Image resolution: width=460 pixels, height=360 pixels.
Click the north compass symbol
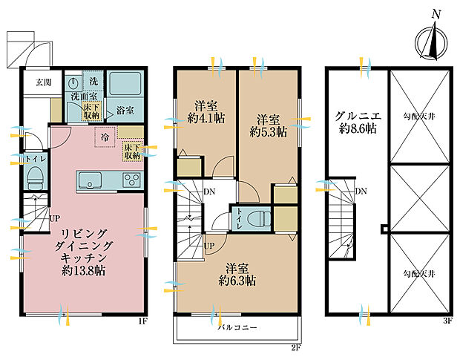[x=430, y=41]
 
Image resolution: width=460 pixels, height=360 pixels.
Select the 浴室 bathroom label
[x=125, y=111]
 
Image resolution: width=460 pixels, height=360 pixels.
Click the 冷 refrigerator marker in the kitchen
[x=105, y=137]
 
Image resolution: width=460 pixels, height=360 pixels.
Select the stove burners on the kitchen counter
[x=131, y=180]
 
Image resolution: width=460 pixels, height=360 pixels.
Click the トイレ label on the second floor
[x=243, y=216]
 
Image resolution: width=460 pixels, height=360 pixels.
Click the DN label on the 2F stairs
[x=211, y=192]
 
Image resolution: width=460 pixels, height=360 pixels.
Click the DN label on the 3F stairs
[x=361, y=192]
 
